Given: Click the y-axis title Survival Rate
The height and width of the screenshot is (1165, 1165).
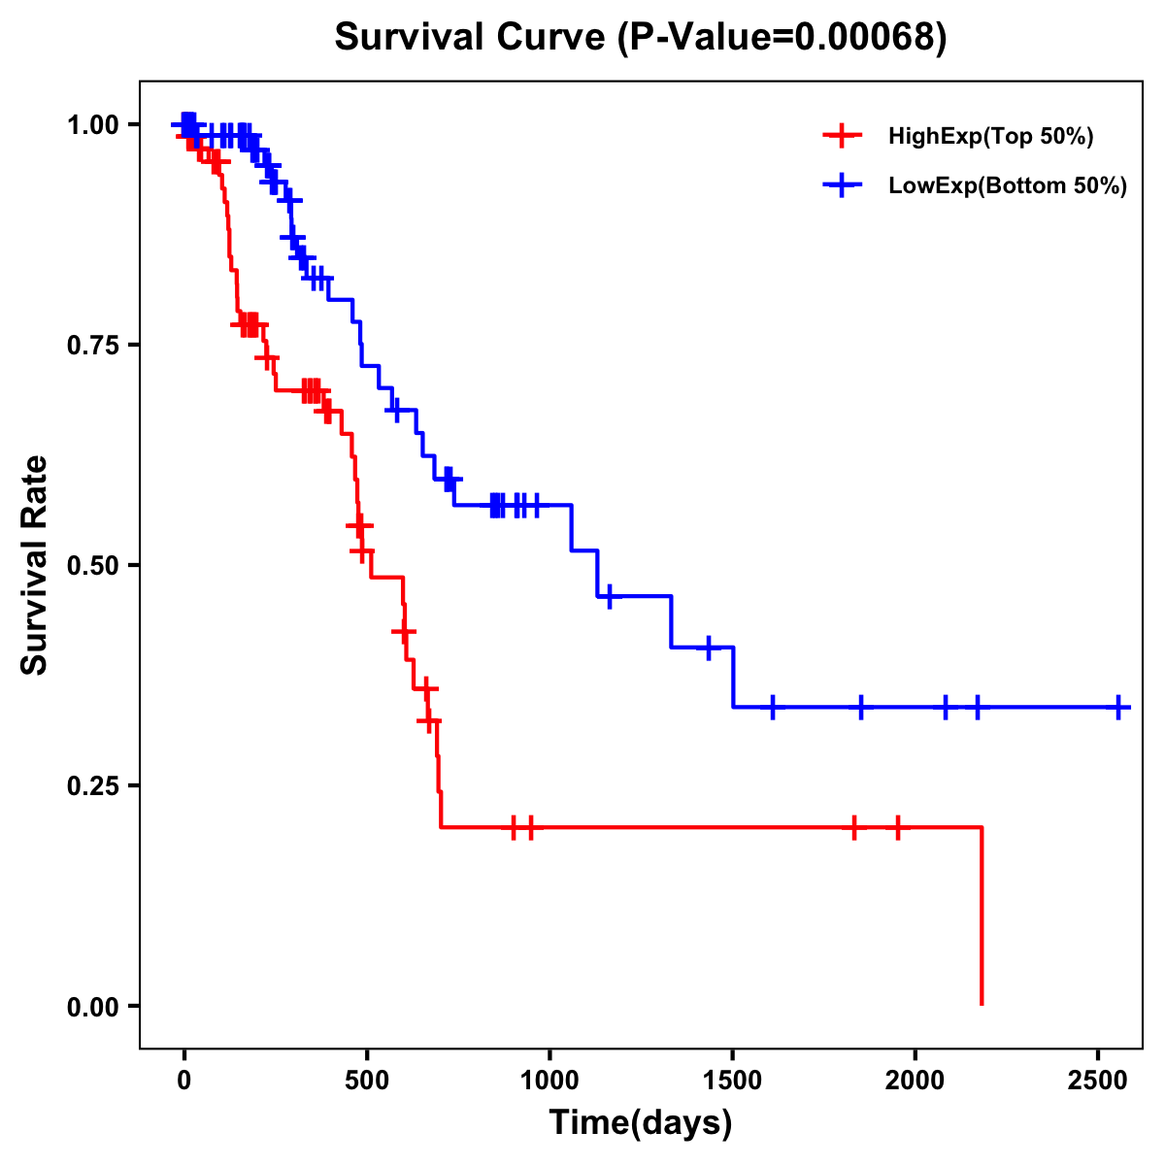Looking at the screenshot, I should [x=35, y=564].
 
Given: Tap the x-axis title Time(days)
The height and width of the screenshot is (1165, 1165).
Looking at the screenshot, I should [x=641, y=1122].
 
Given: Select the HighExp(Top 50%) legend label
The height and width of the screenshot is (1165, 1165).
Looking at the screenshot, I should [x=990, y=137].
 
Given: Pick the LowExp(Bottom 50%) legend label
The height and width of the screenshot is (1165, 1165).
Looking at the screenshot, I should [x=1008, y=186].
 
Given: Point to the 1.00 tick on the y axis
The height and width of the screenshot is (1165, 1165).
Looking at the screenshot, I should [x=93, y=125].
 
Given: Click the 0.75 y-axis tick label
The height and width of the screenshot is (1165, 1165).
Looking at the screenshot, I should [x=93, y=345].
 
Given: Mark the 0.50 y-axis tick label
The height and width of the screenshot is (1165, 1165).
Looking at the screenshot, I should [x=93, y=565].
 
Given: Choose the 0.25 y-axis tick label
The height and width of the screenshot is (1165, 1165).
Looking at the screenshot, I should [x=93, y=785].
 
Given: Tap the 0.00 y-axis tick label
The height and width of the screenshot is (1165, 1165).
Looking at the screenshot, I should [x=93, y=1006].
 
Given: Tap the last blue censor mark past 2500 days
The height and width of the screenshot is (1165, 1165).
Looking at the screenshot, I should [x=1118, y=707].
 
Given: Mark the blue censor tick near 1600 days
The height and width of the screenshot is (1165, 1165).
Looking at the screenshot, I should [x=773, y=707].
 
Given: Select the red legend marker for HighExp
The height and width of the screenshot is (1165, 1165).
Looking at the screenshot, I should [x=842, y=137].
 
